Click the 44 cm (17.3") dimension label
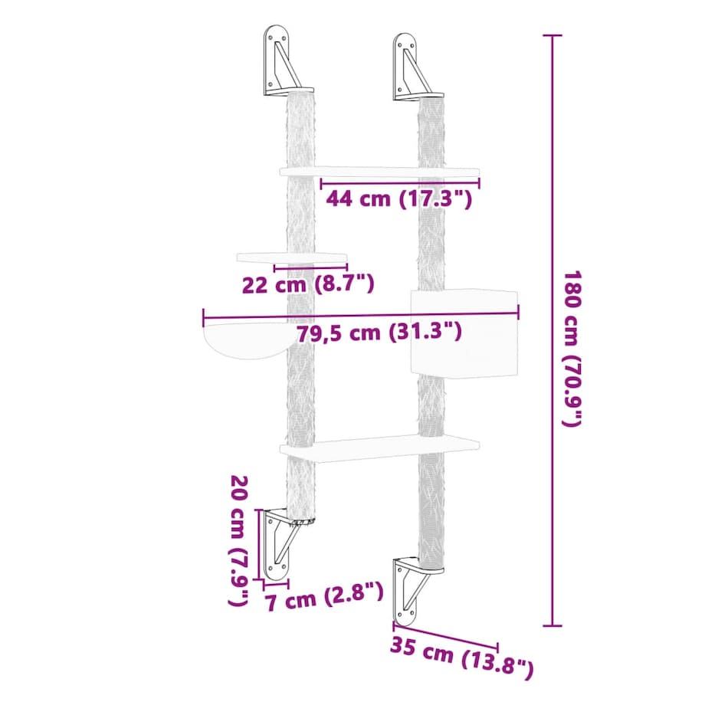click(x=398, y=199)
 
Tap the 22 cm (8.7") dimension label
click(x=307, y=285)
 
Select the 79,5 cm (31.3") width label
click(x=378, y=333)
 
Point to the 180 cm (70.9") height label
click(x=573, y=349)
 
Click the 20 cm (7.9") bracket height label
click(x=238, y=540)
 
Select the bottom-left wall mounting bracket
click(x=279, y=543)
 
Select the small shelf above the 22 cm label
click(x=293, y=257)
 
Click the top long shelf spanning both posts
click(x=379, y=171)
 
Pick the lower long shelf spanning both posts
click(x=379, y=447)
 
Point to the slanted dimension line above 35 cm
click(x=445, y=635)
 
